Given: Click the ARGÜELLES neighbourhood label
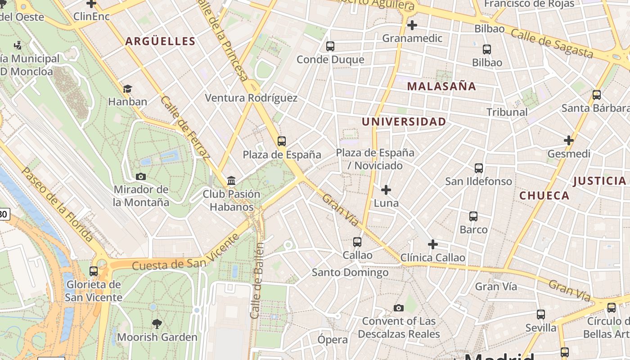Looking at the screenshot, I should (x=160, y=41).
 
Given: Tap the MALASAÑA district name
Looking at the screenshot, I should (x=441, y=86).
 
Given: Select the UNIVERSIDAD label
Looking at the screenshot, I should (x=404, y=121).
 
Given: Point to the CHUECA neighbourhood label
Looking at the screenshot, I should (x=544, y=195).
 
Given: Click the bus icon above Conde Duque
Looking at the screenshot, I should (x=330, y=46).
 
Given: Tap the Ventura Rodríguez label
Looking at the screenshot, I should (x=251, y=98).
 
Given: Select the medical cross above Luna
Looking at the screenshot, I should (x=386, y=190).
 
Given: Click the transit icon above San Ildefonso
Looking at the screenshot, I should (x=479, y=168).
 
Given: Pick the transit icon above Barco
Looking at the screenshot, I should (x=473, y=216).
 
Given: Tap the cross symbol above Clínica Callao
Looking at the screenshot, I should (x=433, y=244).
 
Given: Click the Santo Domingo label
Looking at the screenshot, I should (x=350, y=272).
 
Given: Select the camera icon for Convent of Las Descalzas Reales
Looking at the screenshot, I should (x=398, y=308).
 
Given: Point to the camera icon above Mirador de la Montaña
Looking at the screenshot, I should (x=141, y=176).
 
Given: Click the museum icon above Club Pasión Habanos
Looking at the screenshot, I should (x=231, y=181).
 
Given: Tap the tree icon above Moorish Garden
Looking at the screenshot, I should (x=157, y=324).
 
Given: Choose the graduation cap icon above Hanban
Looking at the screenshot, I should (x=128, y=89).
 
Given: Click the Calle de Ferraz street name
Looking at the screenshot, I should (x=185, y=128).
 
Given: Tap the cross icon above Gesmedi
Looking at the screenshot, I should (x=569, y=140).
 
